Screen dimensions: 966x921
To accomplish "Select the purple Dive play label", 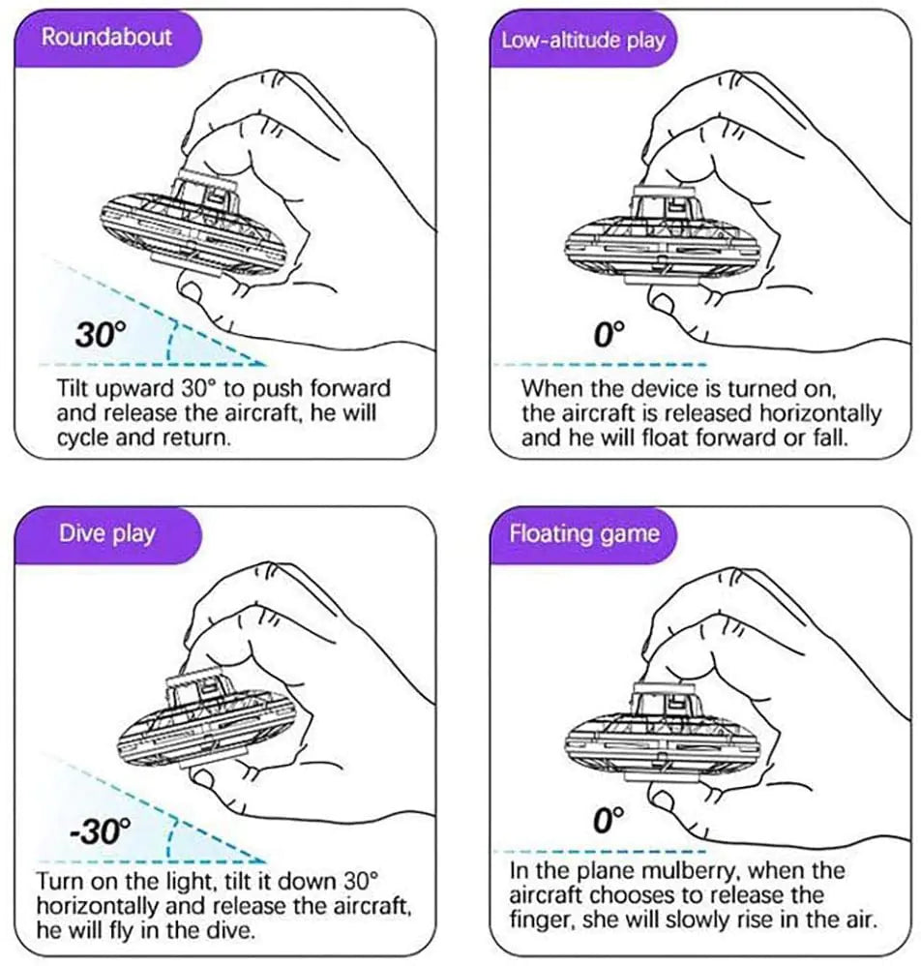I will point(106,532).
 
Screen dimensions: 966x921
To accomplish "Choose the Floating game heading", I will point(584,533).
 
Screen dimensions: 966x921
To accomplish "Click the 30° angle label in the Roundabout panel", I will point(102,335).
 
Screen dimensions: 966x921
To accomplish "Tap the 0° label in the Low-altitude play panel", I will point(609,335).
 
